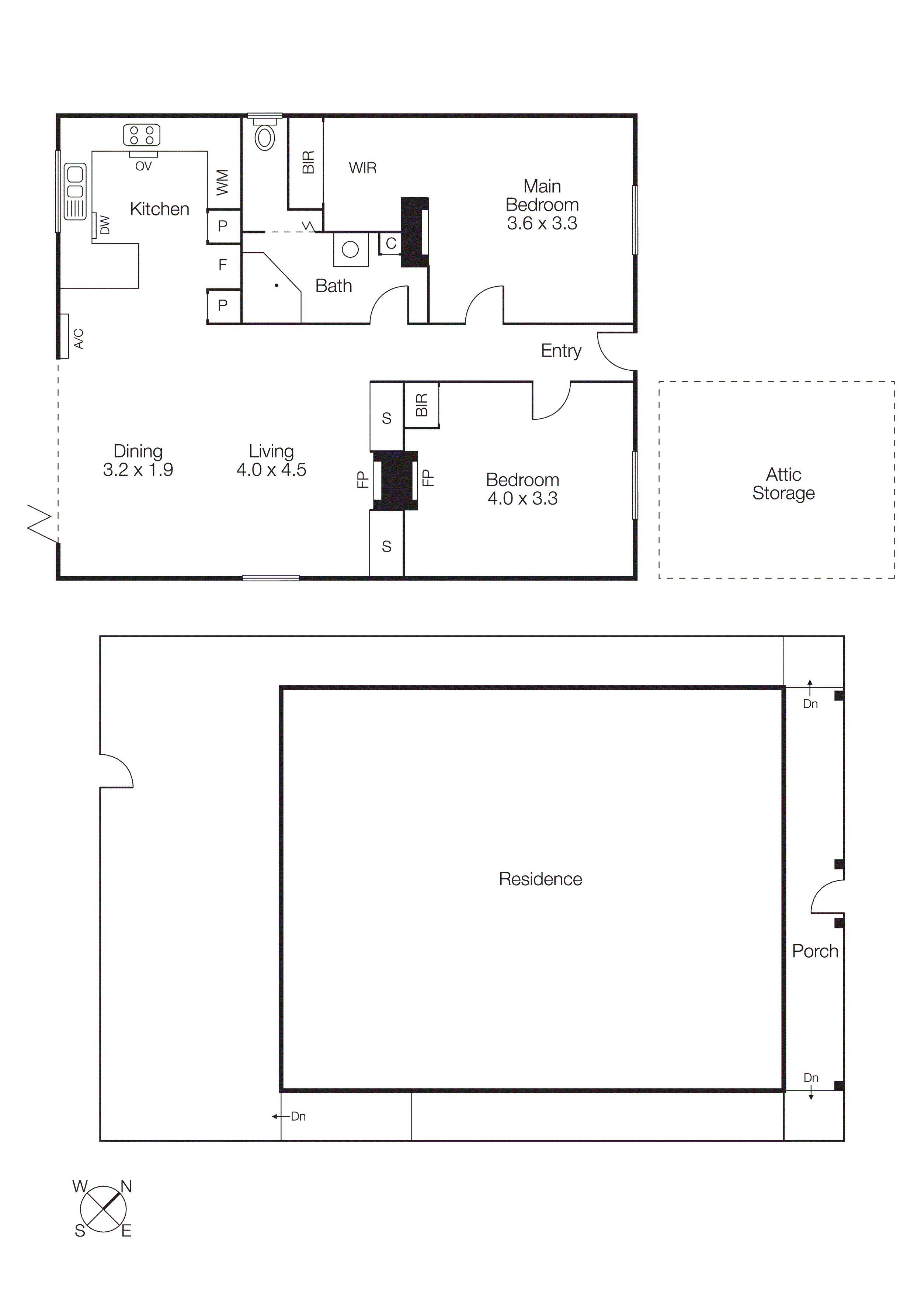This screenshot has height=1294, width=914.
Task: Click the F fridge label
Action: tap(222, 264)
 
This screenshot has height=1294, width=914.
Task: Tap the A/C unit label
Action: tap(79, 339)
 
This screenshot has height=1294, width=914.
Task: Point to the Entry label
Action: tap(561, 350)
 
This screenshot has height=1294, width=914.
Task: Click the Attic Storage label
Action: tap(783, 484)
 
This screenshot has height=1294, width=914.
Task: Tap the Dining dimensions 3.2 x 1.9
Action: tap(138, 470)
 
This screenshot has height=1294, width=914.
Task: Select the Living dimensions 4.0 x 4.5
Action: tap(271, 470)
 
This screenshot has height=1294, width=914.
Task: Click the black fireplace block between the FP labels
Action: tap(395, 480)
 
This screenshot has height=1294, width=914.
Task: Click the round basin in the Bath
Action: tap(350, 249)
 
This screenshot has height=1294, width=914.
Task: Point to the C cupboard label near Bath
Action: tap(391, 243)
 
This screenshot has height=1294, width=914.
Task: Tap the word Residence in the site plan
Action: tap(540, 879)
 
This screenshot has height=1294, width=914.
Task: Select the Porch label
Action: tap(815, 951)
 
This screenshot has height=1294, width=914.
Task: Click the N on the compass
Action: tap(126, 1187)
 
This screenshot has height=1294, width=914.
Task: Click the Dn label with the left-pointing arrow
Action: tap(298, 1117)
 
